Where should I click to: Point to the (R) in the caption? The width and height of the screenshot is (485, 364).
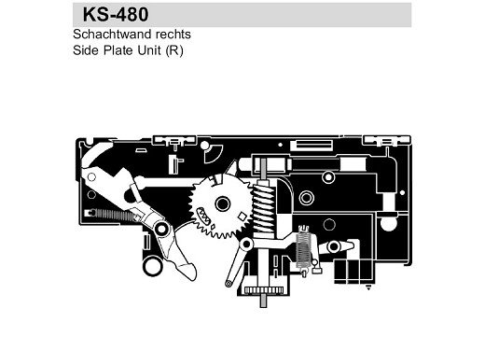(x=175, y=50)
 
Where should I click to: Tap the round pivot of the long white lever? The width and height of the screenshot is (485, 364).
(x=160, y=227)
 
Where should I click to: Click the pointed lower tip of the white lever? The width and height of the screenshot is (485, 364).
(x=187, y=273)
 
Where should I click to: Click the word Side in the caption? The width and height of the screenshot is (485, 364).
(x=84, y=50)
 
